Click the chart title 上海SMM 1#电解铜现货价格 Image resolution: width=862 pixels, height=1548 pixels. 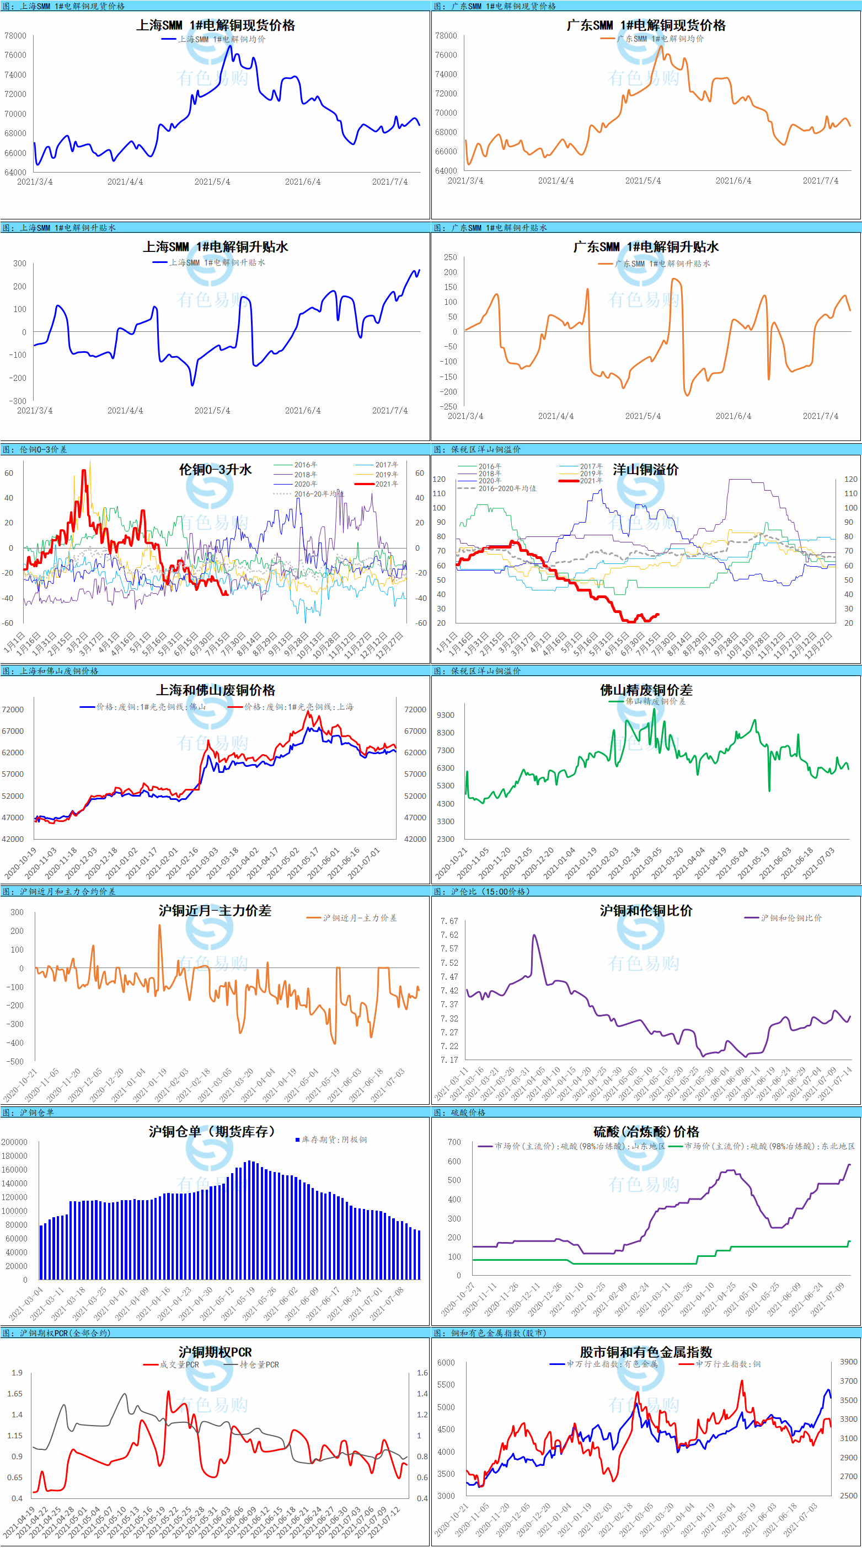(215, 25)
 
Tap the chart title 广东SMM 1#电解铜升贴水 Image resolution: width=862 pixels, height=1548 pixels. (646, 247)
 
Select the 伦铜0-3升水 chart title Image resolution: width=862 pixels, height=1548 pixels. (215, 469)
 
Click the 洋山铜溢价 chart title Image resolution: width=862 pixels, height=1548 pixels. (646, 469)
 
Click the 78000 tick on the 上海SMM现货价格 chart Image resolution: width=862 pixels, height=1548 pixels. (15, 35)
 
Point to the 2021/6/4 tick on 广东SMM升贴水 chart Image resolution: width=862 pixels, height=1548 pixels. (733, 416)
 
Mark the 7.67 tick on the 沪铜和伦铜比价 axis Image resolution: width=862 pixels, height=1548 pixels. (449, 921)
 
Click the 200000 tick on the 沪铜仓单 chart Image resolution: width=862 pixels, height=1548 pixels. (14, 1142)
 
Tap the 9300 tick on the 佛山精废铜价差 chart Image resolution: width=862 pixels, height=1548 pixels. (446, 715)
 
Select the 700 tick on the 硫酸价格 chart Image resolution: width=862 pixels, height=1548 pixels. (454, 1142)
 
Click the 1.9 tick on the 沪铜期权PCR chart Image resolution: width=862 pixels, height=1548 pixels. (17, 1373)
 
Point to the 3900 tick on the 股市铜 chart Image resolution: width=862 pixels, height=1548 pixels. (848, 1362)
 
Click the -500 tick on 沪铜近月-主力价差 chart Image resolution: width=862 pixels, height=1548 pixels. (15, 1062)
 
